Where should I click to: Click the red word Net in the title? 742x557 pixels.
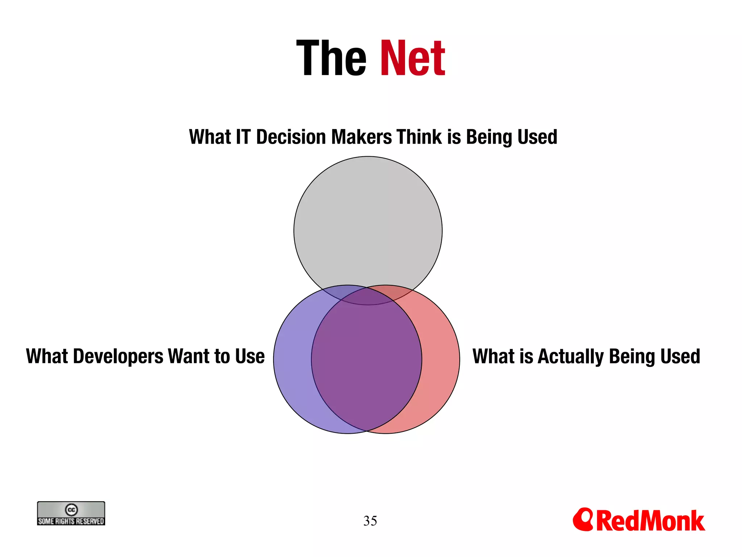click(412, 59)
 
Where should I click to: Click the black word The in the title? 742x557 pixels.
click(332, 59)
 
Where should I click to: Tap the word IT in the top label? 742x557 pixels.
click(243, 137)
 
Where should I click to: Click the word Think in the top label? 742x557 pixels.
click(419, 137)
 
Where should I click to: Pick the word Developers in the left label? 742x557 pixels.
click(118, 356)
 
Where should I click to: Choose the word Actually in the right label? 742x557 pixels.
click(571, 356)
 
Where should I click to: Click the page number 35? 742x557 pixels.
click(370, 521)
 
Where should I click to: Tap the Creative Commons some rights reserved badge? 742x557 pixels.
click(71, 513)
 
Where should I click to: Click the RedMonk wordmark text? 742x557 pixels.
click(650, 521)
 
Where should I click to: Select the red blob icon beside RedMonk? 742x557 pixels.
click(583, 519)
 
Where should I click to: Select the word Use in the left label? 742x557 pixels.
click(250, 356)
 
